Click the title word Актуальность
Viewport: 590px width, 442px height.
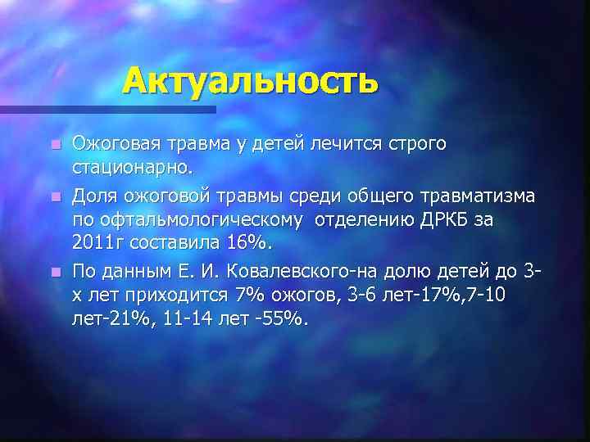click(251, 80)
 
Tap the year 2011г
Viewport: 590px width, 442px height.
click(100, 245)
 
